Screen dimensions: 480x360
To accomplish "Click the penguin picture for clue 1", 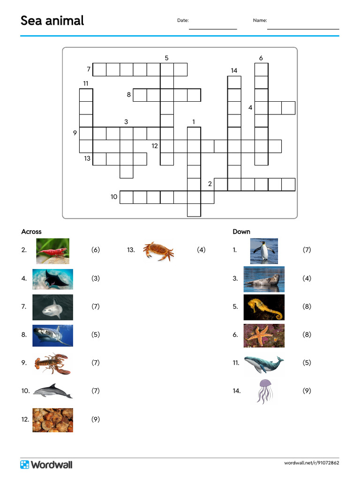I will click(263, 251).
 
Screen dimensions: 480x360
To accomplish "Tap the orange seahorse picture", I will click(264, 307).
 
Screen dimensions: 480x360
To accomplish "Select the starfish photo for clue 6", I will click(264, 335).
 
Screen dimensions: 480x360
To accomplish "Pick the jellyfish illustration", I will click(264, 391).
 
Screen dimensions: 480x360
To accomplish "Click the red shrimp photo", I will click(52, 251).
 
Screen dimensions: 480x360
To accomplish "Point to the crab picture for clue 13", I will click(158, 250).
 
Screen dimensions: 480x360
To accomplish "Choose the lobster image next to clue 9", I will click(52, 363).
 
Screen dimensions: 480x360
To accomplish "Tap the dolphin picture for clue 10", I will click(52, 391).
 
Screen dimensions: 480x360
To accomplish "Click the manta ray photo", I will click(52, 279).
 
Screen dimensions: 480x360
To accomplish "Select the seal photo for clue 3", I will click(264, 279).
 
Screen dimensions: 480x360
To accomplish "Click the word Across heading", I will click(31, 232).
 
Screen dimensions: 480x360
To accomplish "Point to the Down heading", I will click(241, 232).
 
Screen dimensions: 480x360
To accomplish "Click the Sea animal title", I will click(52, 21).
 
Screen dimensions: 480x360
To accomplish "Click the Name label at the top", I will click(260, 21).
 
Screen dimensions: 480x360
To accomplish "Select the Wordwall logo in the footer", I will click(46, 465).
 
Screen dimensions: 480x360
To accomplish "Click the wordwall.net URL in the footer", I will click(311, 463).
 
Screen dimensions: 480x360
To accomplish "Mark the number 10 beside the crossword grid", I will click(114, 197).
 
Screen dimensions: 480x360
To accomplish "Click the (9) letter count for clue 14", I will click(307, 391).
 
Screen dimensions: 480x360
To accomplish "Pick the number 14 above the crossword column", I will click(234, 71).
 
